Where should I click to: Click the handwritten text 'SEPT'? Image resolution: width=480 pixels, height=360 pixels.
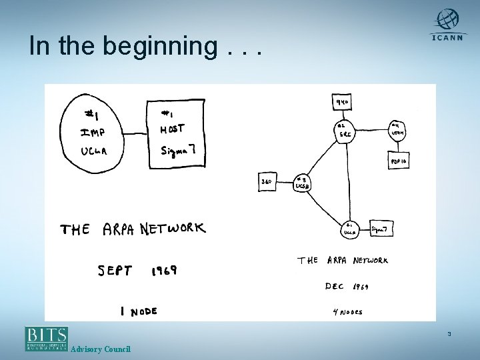click(115, 271)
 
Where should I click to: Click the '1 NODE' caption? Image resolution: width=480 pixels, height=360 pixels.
click(138, 311)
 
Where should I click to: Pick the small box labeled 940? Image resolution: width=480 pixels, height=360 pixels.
click(343, 102)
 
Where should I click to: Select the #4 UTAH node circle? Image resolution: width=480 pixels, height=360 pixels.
click(399, 129)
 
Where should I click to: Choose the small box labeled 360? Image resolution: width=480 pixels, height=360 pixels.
click(266, 181)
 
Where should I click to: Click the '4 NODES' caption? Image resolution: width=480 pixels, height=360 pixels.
click(347, 311)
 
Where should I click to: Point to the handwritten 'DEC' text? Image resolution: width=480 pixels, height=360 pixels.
click(334, 286)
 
